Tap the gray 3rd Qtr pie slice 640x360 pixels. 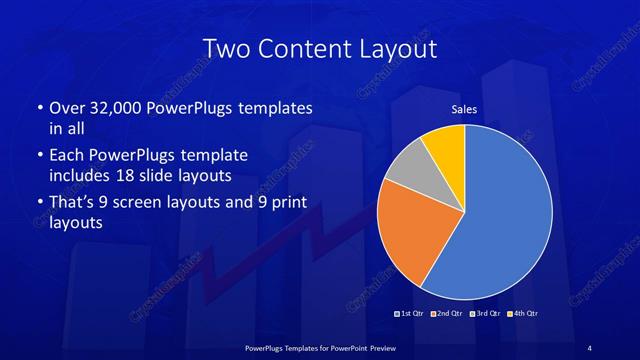pyautogui.click(x=407, y=169)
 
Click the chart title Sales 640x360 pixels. pyautogui.click(x=464, y=109)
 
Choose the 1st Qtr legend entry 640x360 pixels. pyautogui.click(x=410, y=314)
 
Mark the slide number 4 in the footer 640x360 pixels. pyautogui.click(x=590, y=347)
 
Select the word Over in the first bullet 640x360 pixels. pyautogui.click(x=66, y=106)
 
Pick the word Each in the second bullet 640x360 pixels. pyautogui.click(x=66, y=155)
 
